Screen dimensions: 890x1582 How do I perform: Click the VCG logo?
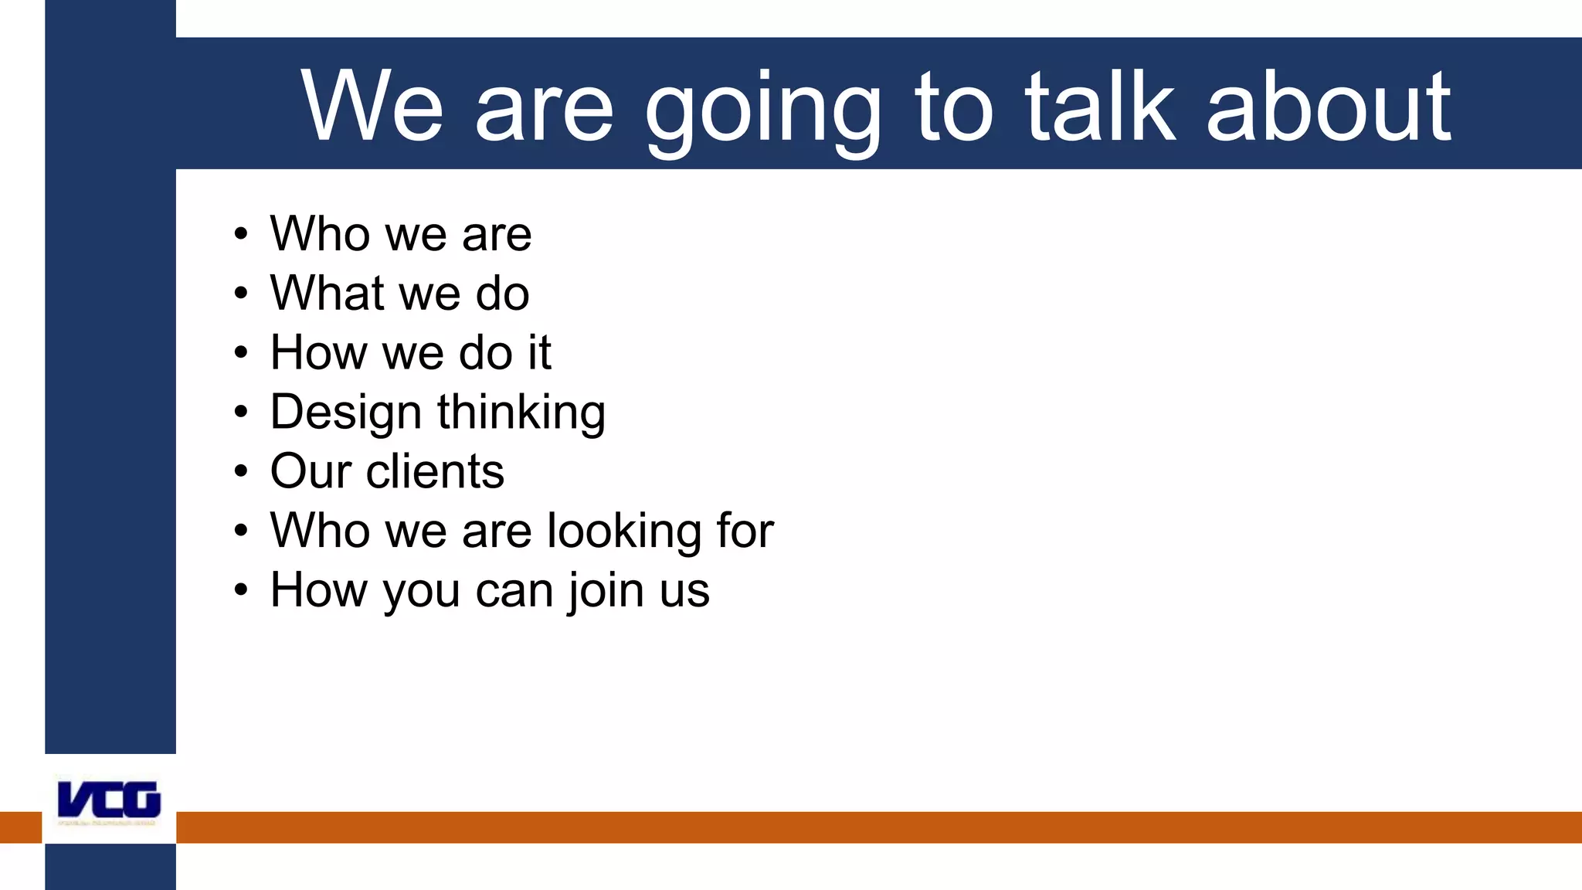point(109,800)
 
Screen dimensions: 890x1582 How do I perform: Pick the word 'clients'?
point(435,471)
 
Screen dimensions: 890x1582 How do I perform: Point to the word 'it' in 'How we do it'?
point(539,353)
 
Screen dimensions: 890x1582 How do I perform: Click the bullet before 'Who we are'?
point(241,234)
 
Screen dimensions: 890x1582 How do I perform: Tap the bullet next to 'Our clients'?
point(241,471)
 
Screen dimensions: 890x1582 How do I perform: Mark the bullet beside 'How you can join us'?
point(241,590)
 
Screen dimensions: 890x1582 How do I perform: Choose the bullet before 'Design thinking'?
point(241,413)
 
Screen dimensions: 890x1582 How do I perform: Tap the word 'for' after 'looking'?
point(745,531)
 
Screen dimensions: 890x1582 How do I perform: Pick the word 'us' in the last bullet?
point(684,591)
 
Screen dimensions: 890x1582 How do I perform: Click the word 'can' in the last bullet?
point(514,591)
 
